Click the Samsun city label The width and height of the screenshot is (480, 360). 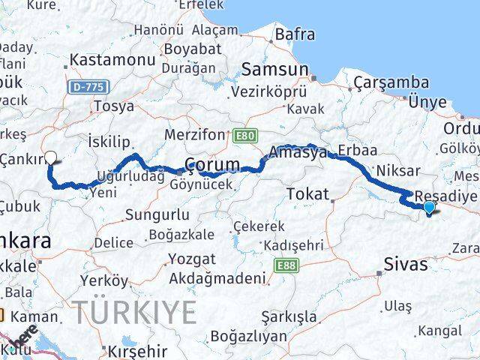274,69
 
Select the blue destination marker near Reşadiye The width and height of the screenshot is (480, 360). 429,207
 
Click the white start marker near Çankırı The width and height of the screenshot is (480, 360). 51,157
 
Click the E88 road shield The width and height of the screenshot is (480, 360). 284,266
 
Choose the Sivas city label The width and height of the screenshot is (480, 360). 406,264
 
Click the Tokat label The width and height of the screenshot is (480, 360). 308,194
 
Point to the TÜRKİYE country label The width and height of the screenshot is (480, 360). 135,311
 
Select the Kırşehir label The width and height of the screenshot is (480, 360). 137,351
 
